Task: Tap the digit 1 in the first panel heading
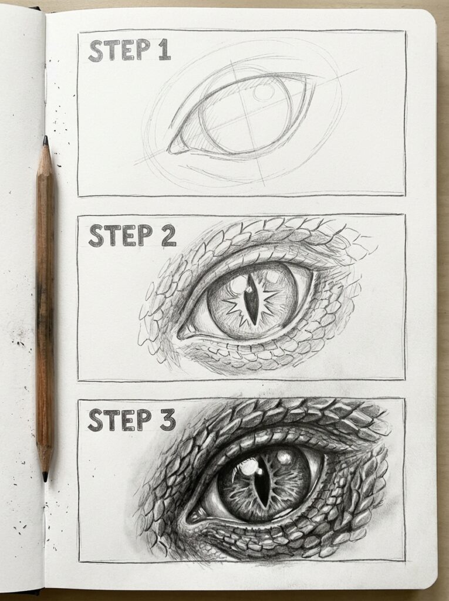(164, 51)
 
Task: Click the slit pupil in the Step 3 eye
(262, 481)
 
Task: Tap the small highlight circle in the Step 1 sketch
(264, 93)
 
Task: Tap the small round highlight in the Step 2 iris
(238, 285)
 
